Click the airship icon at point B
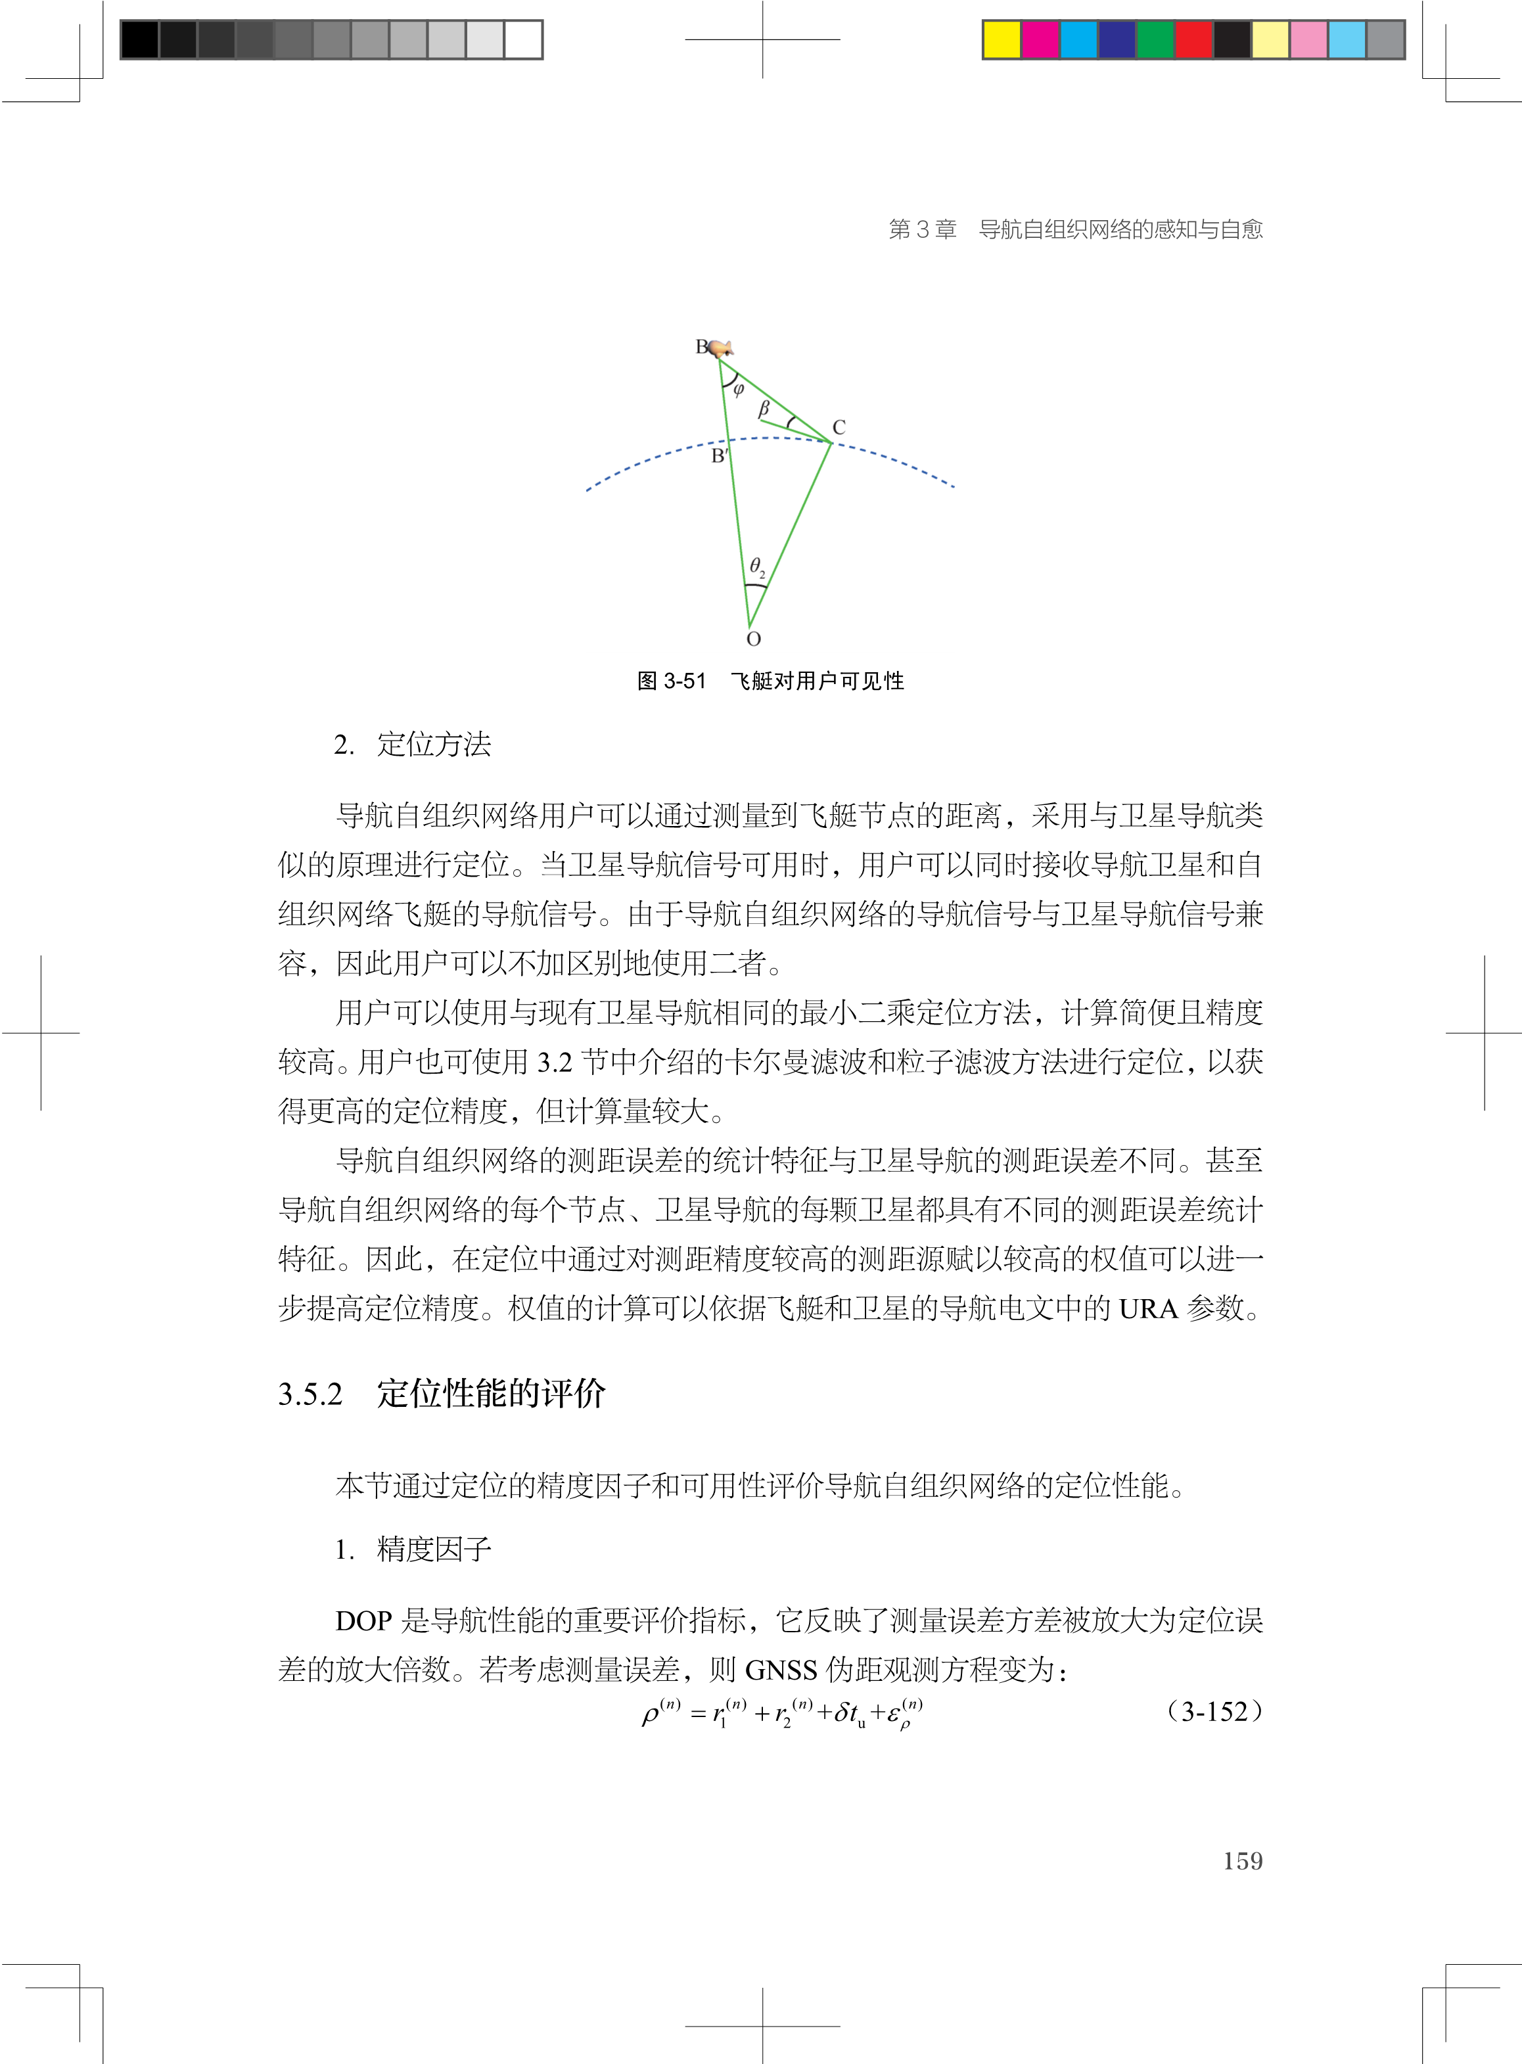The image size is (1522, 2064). coord(720,348)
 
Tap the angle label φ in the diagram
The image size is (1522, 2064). coord(738,390)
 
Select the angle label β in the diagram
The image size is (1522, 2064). coord(764,408)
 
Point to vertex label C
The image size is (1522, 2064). coord(839,427)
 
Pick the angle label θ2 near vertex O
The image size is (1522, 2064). coord(756,566)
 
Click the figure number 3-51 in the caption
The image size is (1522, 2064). coord(685,681)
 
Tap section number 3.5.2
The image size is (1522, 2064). coord(310,1394)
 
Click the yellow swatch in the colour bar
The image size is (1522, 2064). coord(1002,39)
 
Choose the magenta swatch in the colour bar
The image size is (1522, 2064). coord(1041,39)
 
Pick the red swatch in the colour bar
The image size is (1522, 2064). coord(1194,39)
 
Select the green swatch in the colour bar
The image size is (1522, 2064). coord(1155,39)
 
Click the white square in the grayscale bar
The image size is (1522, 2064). coord(523,39)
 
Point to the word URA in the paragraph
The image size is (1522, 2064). coord(1148,1309)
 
